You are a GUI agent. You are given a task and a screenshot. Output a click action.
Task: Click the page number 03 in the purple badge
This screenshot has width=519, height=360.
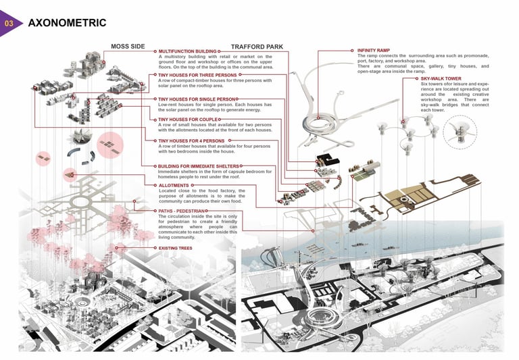9,24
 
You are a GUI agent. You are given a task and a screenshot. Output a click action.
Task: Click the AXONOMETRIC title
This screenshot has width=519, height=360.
67,23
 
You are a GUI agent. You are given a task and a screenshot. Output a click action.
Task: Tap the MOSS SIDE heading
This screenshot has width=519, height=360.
127,47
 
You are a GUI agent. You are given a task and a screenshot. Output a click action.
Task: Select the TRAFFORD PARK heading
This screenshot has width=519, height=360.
257,47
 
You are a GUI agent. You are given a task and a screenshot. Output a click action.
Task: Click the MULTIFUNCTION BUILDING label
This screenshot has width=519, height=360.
187,51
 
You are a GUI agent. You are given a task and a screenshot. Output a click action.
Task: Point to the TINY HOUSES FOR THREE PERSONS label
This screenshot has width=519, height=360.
193,76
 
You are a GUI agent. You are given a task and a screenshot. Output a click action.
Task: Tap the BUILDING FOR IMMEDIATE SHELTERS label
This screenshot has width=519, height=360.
198,165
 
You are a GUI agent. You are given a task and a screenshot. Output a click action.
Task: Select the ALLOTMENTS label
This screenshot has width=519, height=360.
174,184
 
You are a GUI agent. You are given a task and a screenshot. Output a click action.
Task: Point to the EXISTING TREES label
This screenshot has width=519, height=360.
175,248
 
